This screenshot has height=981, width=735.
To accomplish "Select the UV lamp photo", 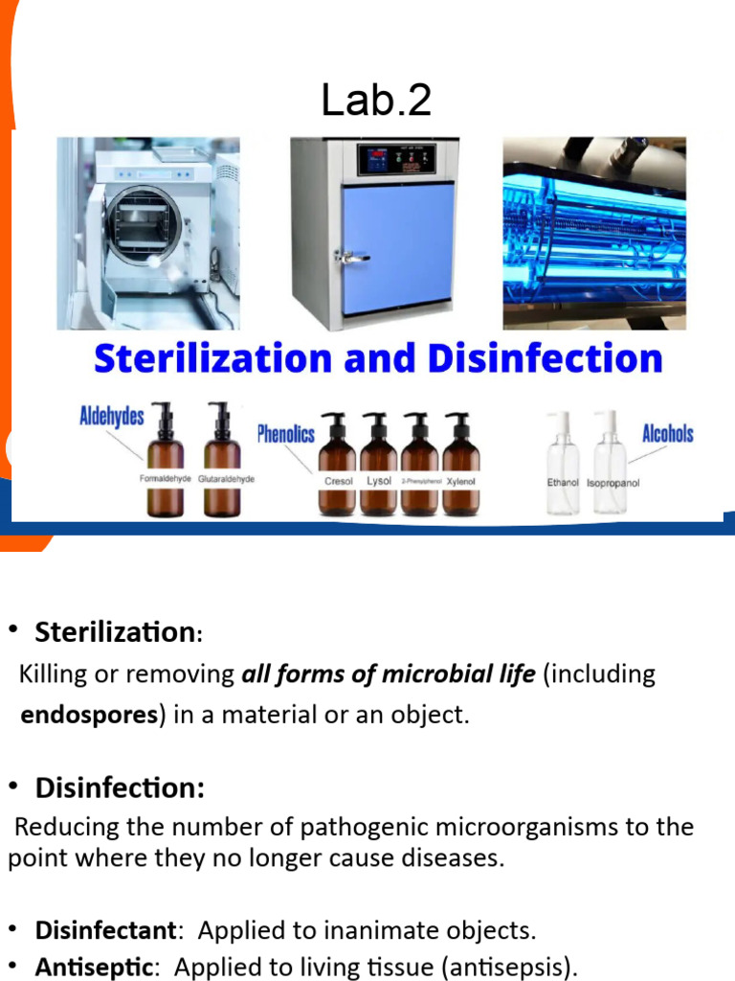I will coord(594,233).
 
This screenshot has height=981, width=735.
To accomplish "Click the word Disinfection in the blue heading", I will coord(545,359).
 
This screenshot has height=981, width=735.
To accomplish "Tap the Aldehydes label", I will coord(111,416).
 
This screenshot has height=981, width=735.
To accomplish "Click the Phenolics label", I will coord(285,435).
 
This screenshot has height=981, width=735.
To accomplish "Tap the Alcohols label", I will coord(667,434).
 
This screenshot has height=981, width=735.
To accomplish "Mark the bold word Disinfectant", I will coord(105,930).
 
